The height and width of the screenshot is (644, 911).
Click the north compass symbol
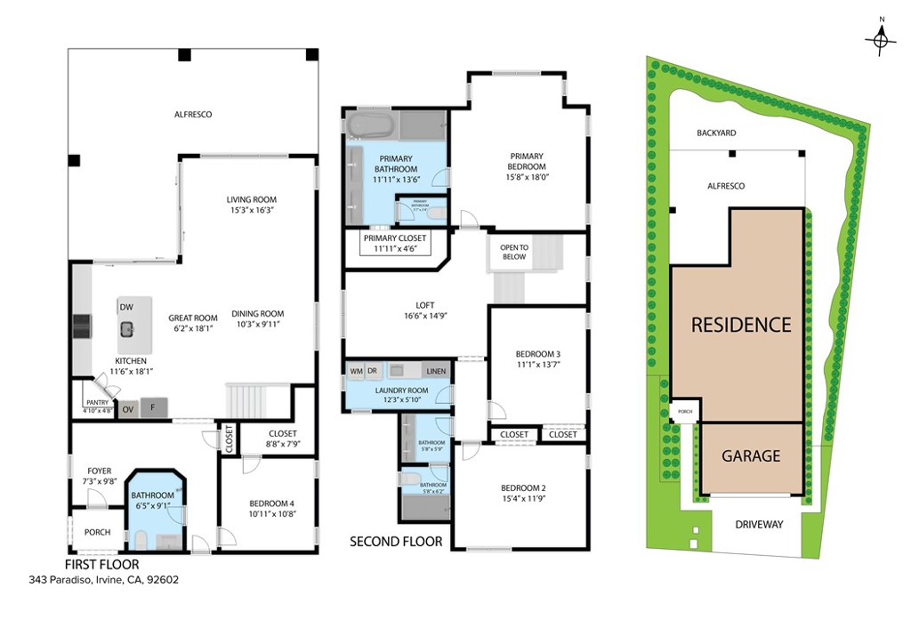click(x=880, y=38)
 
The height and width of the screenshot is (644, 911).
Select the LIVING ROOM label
click(x=252, y=199)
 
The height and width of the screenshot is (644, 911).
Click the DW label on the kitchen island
click(x=126, y=307)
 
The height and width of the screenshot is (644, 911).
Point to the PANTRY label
click(x=97, y=403)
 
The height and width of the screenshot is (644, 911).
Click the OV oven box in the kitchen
click(x=127, y=409)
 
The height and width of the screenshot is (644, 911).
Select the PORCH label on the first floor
click(x=97, y=532)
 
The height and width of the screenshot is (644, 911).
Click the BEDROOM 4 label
click(x=271, y=503)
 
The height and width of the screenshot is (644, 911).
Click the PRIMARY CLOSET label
click(x=395, y=238)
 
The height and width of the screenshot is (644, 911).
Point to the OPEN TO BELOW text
click(x=514, y=253)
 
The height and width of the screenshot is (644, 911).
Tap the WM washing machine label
click(x=356, y=370)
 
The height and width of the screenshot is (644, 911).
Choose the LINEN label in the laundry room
click(x=436, y=370)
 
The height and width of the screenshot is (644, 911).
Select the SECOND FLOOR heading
click(x=396, y=541)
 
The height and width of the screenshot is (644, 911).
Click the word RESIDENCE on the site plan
click(x=741, y=325)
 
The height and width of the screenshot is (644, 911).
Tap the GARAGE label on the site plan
click(x=751, y=455)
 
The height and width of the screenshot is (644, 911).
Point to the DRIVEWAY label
click(x=759, y=524)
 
